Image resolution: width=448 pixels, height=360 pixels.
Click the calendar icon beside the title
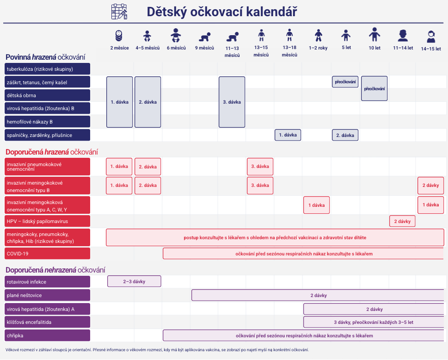click(119, 12)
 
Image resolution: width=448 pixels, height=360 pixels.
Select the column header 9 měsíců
click(204, 48)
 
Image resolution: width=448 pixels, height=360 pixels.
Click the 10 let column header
click(374, 48)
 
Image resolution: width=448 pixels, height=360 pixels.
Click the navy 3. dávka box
click(232, 102)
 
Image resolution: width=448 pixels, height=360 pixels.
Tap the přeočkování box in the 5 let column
click(345, 82)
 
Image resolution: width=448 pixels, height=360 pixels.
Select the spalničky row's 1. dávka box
click(288, 135)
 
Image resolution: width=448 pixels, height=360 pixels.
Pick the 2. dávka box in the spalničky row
click(345, 135)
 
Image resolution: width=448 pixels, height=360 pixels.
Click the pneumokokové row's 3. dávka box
click(260, 167)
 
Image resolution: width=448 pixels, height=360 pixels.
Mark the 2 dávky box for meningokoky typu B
click(430, 185)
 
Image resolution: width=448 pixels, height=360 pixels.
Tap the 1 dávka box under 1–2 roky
click(316, 205)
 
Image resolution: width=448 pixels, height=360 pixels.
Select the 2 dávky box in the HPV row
click(402, 221)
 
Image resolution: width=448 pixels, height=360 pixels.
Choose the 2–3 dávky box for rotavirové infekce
click(134, 281)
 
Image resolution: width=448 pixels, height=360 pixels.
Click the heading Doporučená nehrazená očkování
click(55, 270)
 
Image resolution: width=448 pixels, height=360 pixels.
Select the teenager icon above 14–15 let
click(431, 37)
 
